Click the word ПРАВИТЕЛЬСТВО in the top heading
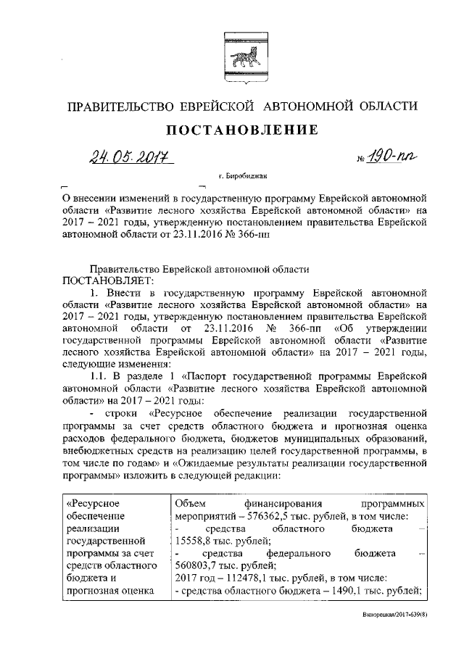click(114, 107)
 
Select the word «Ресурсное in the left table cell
click(92, 503)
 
